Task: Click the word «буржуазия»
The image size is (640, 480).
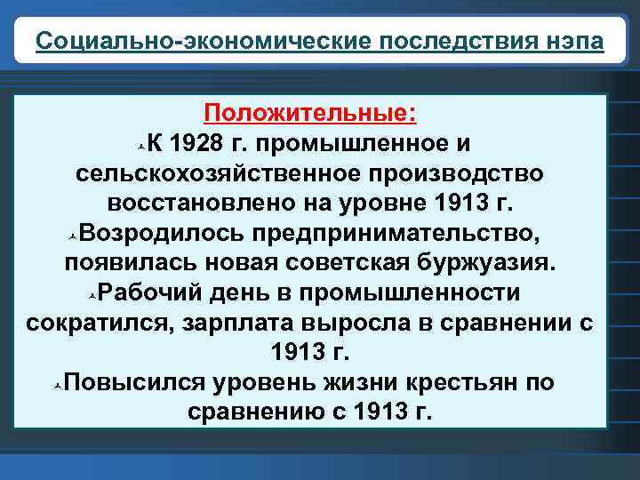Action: pos(485,263)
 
